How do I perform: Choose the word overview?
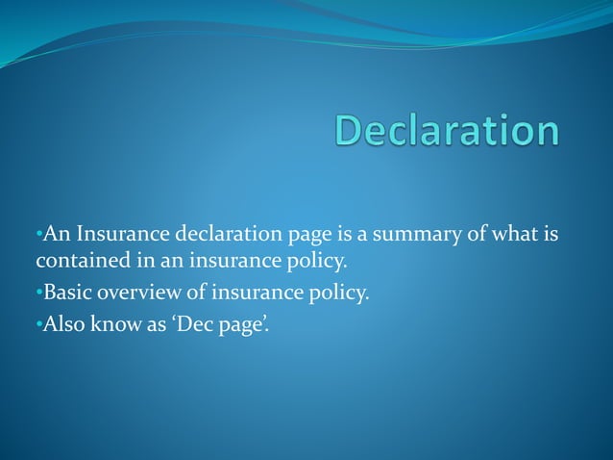[x=138, y=293]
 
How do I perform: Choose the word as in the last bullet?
[x=154, y=325]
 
